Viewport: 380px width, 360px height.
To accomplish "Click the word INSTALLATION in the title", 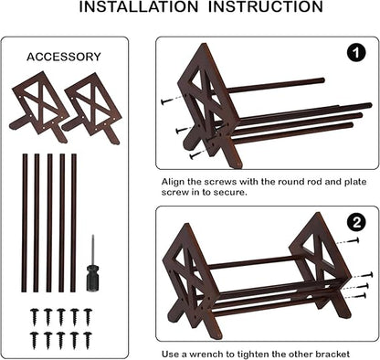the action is (139, 6).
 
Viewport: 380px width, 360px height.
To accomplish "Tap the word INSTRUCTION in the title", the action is (266, 6).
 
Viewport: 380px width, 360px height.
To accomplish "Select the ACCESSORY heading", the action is (64, 57).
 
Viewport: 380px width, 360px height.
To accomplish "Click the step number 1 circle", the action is (356, 54).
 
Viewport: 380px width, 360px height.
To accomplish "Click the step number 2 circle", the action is (356, 223).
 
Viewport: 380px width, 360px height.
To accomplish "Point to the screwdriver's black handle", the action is (92, 279).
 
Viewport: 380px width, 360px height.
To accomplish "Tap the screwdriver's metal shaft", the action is (93, 250).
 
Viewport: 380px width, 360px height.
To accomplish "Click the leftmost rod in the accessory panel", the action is (25, 223).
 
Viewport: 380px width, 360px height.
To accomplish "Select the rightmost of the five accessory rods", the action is (73, 223).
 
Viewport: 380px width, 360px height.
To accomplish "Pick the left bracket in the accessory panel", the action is (38, 107).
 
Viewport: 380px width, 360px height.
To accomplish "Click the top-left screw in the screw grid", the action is (35, 317).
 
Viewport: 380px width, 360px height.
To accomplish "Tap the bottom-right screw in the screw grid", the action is (88, 340).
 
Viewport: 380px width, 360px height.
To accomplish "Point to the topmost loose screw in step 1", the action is (167, 101).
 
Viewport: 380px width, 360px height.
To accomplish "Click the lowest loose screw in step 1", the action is (195, 155).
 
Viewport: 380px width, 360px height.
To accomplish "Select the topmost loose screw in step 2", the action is (353, 240).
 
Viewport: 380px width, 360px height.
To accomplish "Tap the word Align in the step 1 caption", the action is (173, 182).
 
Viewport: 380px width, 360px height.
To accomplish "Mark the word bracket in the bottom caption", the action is (332, 355).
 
